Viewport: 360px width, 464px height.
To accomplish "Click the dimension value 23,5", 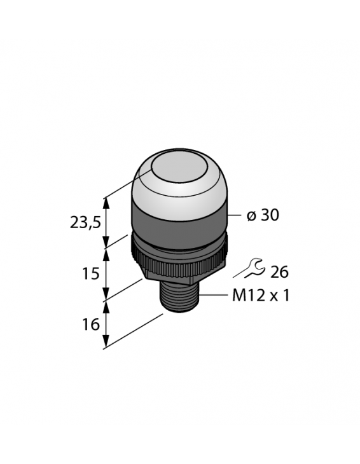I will click(x=85, y=223).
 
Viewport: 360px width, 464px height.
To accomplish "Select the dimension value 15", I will click(x=91, y=274).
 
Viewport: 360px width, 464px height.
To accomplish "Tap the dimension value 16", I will click(x=91, y=324).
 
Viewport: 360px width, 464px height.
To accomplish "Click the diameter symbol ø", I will click(x=251, y=217).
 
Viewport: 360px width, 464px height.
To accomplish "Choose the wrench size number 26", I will click(x=279, y=272).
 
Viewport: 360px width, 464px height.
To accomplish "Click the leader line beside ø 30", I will click(x=233, y=215).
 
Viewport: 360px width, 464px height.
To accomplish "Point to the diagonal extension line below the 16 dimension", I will click(x=134, y=331).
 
